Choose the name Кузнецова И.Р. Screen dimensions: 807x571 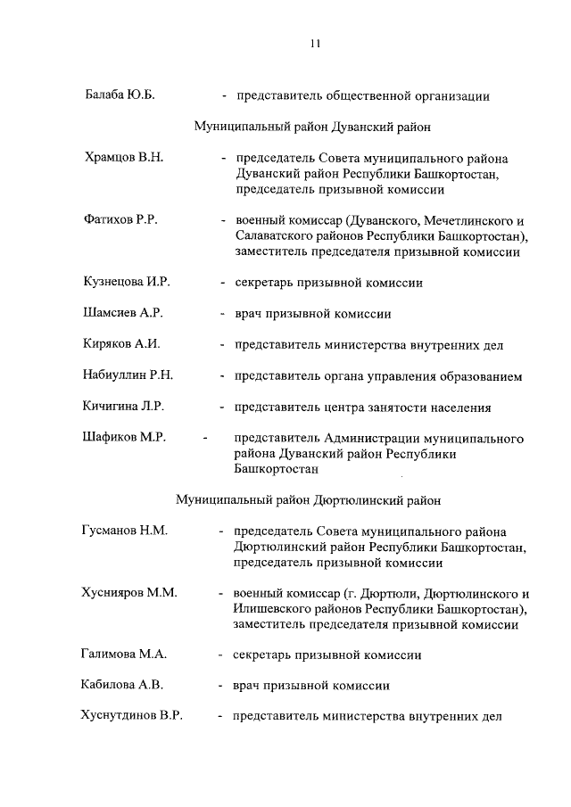pyautogui.click(x=126, y=282)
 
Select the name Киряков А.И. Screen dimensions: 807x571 pyautogui.click(x=121, y=344)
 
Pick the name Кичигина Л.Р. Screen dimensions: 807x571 pyautogui.click(x=125, y=407)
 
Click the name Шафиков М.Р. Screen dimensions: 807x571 pyautogui.click(x=124, y=437)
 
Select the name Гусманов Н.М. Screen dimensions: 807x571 pyautogui.click(x=125, y=531)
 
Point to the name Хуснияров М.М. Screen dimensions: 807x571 pyautogui.click(x=129, y=593)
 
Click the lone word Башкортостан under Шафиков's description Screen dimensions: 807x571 pyautogui.click(x=276, y=468)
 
